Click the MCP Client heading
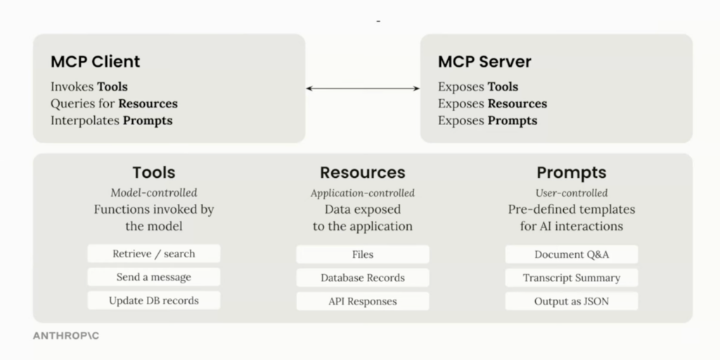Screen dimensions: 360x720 point(95,61)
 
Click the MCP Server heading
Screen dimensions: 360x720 point(484,61)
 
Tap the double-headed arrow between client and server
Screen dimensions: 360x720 point(363,88)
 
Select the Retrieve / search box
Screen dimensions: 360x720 point(154,254)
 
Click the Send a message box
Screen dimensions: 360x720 point(154,277)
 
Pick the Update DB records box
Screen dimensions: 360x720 point(154,300)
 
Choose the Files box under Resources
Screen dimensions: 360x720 point(362,255)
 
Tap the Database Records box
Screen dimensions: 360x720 point(362,278)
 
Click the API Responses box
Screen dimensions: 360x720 point(362,301)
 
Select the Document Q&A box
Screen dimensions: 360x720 point(571,255)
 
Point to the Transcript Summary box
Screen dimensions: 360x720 point(571,278)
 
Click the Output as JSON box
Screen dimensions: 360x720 point(571,301)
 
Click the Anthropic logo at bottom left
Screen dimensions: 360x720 point(66,336)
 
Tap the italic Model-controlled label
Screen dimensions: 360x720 point(154,193)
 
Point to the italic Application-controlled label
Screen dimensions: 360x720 point(362,193)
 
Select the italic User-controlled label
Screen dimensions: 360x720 point(571,193)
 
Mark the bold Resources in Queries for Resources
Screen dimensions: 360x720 point(148,103)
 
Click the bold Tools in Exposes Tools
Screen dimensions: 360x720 point(503,87)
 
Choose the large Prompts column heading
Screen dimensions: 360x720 point(571,172)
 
